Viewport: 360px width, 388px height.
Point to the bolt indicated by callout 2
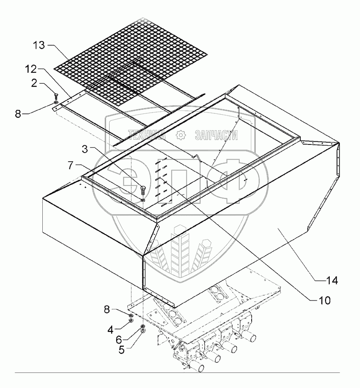(x=57, y=97)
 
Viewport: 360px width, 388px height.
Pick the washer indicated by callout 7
(x=143, y=199)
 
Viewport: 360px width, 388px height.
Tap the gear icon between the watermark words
(x=180, y=135)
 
